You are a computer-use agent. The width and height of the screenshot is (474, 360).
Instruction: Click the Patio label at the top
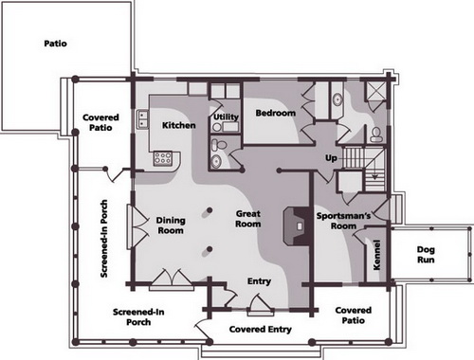[56, 44]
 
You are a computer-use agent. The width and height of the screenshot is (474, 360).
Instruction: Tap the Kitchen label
[179, 125]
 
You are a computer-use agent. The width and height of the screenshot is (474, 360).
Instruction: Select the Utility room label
[226, 117]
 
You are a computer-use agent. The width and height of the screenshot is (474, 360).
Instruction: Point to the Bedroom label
[276, 113]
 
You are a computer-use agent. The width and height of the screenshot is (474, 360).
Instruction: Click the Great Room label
[248, 219]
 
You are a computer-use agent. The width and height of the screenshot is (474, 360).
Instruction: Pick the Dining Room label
[171, 225]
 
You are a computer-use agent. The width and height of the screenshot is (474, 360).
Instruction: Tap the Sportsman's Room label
[343, 221]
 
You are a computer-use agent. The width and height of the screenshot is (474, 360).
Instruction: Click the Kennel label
[376, 255]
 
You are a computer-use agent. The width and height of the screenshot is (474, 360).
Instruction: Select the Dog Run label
[426, 255]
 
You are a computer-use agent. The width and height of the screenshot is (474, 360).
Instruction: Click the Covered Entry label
[261, 330]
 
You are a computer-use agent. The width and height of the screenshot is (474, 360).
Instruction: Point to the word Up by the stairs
[331, 158]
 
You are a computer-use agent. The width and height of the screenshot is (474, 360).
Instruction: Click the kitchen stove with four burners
[163, 158]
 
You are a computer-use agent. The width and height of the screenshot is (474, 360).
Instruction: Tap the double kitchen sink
[142, 119]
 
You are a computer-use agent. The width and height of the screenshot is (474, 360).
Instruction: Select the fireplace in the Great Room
[297, 226]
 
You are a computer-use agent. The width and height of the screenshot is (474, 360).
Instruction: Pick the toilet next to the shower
[376, 135]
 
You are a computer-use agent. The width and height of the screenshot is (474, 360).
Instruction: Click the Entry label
[259, 281]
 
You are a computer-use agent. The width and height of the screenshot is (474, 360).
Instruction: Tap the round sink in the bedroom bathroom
[337, 99]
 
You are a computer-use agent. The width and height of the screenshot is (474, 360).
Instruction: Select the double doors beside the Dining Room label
[138, 226]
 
